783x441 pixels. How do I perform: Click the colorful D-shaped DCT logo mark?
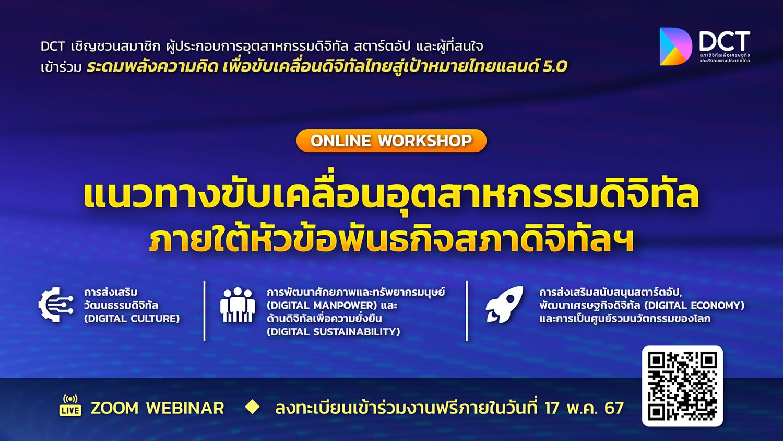(675, 47)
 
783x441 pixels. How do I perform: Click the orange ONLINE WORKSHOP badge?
(391, 141)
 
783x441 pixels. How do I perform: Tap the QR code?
(682, 386)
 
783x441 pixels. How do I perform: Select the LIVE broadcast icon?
(70, 405)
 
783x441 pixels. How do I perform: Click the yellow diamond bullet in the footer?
(252, 407)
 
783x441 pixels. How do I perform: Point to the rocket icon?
(504, 305)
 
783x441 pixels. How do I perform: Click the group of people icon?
(238, 305)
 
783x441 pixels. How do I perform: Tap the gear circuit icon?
(56, 305)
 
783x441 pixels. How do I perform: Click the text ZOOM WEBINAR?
(157, 408)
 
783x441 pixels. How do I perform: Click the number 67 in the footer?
(614, 408)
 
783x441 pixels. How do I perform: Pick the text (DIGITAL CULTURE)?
(132, 319)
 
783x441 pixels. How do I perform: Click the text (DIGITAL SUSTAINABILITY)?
(333, 332)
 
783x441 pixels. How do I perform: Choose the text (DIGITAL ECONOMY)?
(694, 306)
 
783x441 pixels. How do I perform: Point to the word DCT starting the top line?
(53, 46)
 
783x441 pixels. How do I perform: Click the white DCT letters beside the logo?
(725, 42)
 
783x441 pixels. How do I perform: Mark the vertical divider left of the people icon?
(205, 311)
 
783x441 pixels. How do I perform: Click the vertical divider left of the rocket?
(467, 311)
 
